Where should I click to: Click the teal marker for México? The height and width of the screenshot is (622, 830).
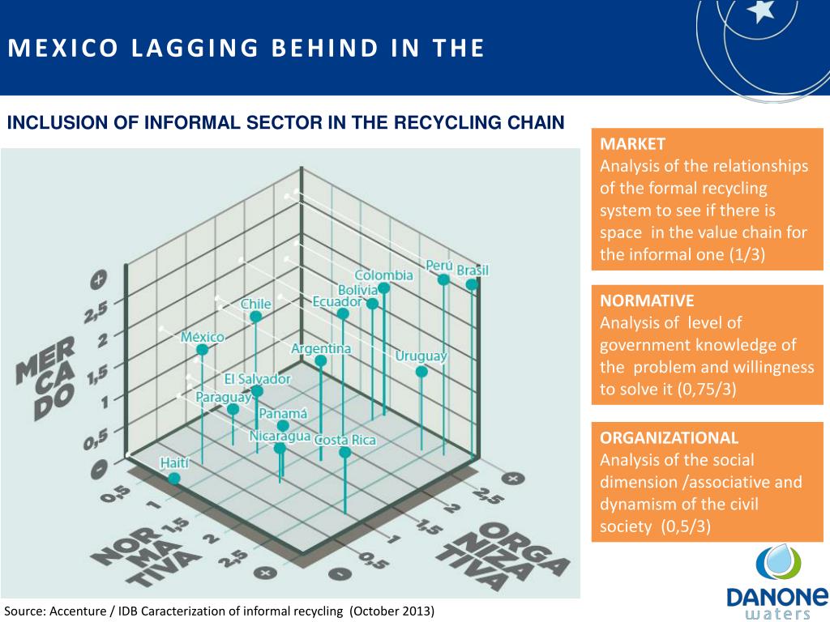pos(202,350)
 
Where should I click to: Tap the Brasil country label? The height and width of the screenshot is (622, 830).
pos(473,270)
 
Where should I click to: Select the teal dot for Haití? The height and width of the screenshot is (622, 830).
pos(174,479)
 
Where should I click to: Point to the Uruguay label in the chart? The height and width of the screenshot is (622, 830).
pos(421,356)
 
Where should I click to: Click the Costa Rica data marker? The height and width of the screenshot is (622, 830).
pos(345,452)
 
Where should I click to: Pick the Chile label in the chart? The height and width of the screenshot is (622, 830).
pos(255,304)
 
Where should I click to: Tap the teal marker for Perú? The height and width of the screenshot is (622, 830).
pos(443,279)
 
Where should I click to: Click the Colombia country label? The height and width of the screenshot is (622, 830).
pos(383,275)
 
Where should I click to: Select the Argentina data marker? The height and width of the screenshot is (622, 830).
pos(321,361)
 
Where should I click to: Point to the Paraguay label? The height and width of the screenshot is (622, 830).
pos(223,397)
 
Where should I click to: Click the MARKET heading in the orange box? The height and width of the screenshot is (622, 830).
pos(632,144)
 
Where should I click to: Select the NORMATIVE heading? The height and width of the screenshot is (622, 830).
pos(647,300)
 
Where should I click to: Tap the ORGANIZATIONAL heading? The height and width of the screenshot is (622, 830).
pos(669,438)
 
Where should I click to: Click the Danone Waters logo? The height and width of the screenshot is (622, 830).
pos(777,580)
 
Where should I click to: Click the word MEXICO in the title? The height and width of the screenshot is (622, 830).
pos(47,49)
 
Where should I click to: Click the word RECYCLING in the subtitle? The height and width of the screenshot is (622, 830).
pos(449,123)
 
